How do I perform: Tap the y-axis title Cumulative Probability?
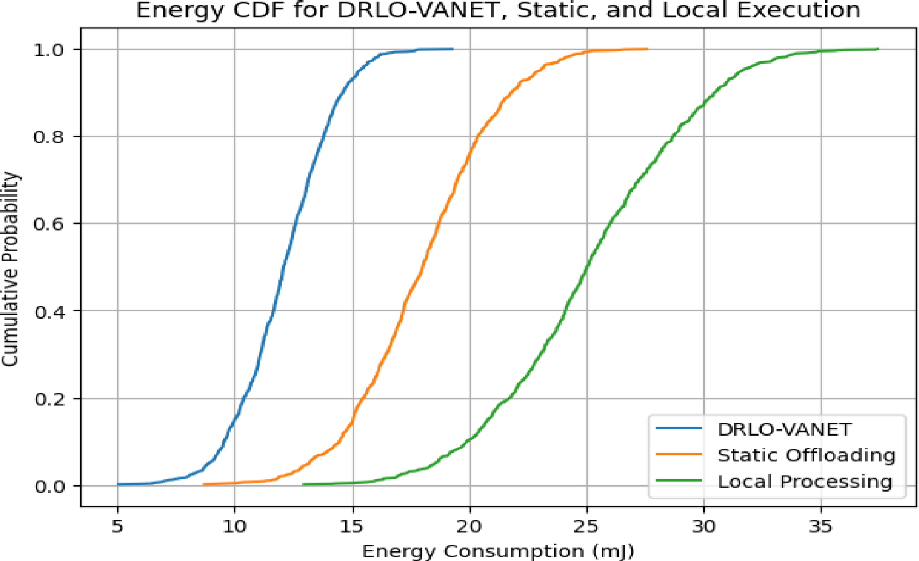coord(10,268)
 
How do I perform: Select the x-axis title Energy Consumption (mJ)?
coord(498,551)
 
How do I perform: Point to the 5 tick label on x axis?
coord(117,526)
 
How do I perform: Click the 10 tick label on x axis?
coord(235,526)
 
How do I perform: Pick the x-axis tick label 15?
coord(352,526)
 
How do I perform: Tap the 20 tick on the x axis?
coord(470,526)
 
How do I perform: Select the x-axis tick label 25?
coord(586,526)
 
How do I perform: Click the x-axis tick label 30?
coord(704,526)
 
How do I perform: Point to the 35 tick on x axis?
coord(821,526)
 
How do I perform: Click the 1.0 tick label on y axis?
coord(49,50)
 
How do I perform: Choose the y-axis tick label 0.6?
coord(49,224)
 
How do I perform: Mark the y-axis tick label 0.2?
coord(49,399)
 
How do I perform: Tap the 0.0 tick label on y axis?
coord(49,486)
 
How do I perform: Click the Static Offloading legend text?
coord(806,455)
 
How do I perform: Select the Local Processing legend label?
coord(805,481)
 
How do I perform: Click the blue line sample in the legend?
coord(679,428)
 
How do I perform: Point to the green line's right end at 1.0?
coord(878,49)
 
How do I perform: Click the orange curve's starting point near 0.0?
coord(203,484)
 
